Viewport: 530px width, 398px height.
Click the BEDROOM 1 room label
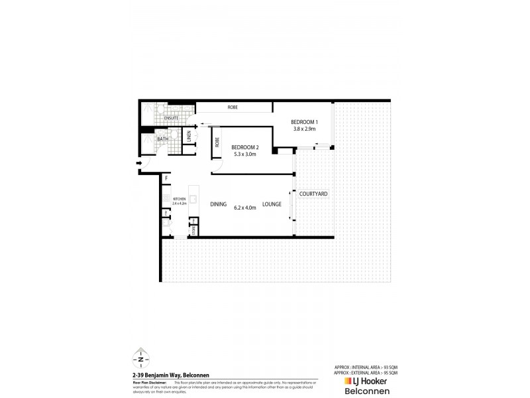tap(305, 122)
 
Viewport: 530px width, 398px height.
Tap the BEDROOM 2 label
tap(244, 147)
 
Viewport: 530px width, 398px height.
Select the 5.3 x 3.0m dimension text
tap(244, 155)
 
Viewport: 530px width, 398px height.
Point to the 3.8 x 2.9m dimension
tap(305, 129)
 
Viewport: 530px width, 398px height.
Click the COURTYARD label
tap(313, 194)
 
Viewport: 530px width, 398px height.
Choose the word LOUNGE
tap(272, 206)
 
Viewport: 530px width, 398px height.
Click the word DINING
tap(219, 206)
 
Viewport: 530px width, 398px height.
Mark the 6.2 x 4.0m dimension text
tap(245, 206)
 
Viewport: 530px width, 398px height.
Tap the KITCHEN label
tap(179, 200)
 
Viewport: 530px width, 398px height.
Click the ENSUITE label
tap(162, 118)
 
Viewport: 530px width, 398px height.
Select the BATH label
tap(162, 139)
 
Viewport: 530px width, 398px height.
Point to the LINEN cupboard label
tap(189, 137)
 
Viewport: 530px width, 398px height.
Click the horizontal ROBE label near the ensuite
tap(233, 107)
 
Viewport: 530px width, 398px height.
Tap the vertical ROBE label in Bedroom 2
tap(217, 142)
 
